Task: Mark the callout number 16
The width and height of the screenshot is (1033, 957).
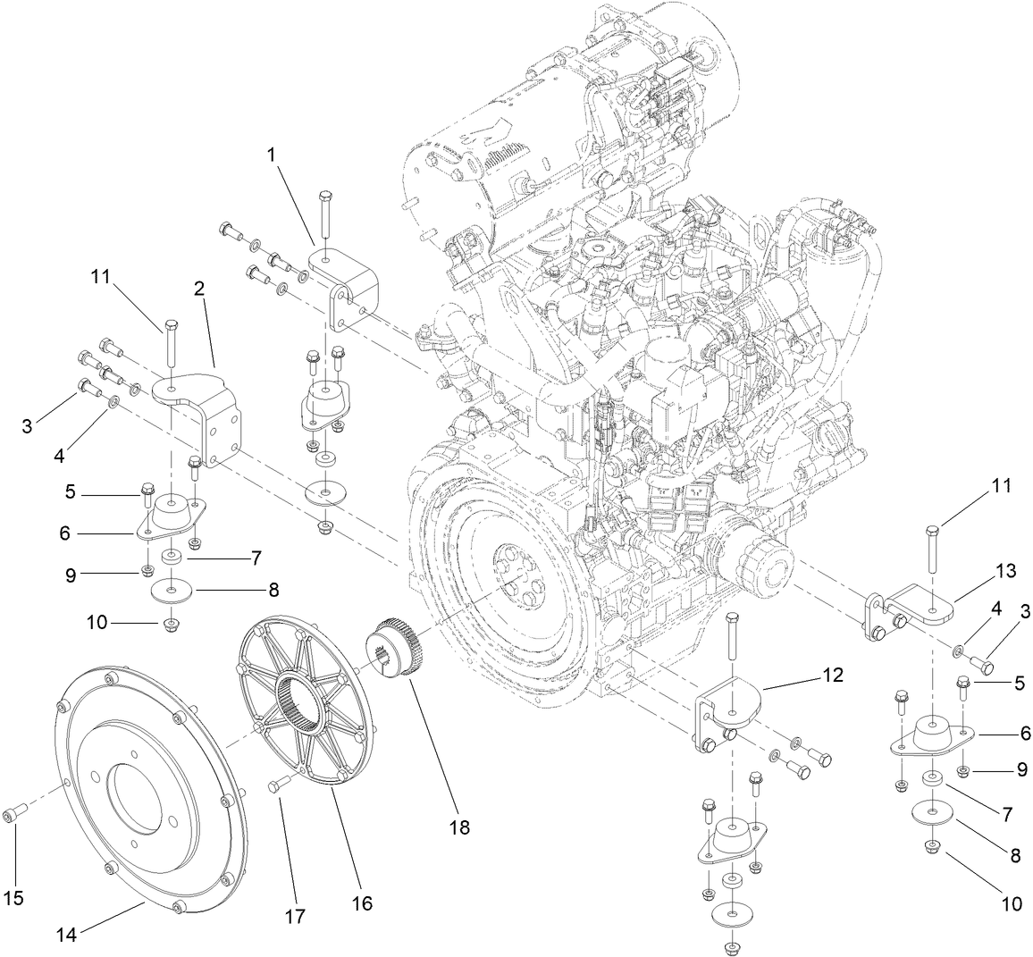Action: pos(362,903)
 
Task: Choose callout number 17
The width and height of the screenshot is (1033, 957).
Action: pos(294,915)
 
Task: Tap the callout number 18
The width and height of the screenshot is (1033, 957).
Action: pos(459,827)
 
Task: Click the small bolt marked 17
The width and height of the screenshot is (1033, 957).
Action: pos(277,785)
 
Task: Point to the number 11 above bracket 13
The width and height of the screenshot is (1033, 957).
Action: pos(1001,486)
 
